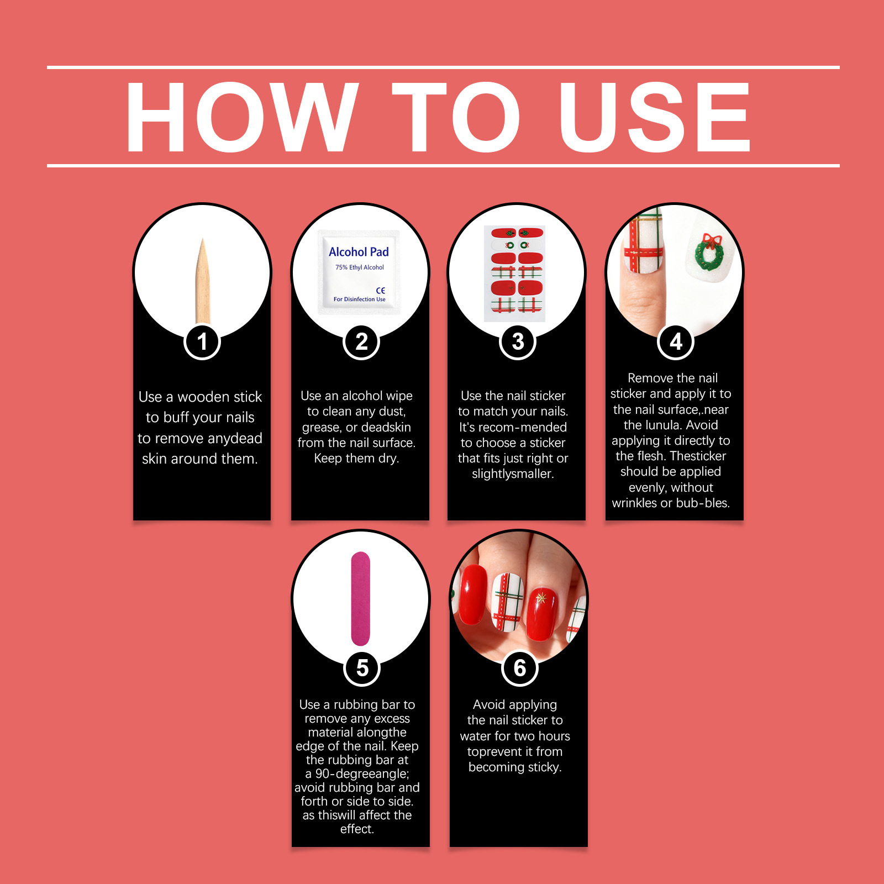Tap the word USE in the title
click(654, 117)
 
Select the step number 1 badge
click(202, 341)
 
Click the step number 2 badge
click(361, 341)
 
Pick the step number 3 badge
click(518, 341)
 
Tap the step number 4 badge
click(676, 341)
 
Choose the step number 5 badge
click(362, 667)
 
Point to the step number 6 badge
click(519, 667)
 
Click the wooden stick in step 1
click(203, 282)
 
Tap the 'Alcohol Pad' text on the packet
click(359, 252)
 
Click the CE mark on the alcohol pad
click(381, 290)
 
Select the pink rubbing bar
click(360, 598)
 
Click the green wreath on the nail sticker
click(709, 254)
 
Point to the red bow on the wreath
click(712, 240)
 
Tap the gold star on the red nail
click(541, 598)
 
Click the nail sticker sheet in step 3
click(514, 273)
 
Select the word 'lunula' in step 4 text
click(647, 425)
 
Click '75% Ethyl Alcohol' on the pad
click(360, 267)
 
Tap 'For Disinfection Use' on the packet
click(360, 299)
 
